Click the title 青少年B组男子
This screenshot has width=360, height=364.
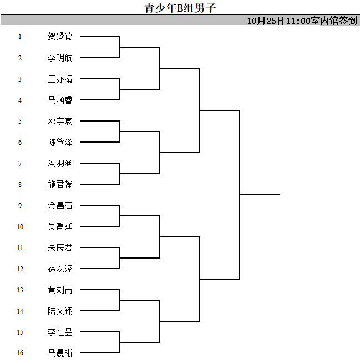[x=180, y=8]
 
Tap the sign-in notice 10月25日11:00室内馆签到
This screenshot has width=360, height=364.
[x=302, y=21]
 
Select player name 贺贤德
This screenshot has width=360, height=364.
[x=60, y=36]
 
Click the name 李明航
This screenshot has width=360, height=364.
[x=60, y=58]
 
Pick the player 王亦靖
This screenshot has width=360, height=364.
[x=60, y=79]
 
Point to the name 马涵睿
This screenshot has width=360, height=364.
[x=60, y=100]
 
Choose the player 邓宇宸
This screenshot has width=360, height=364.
[x=60, y=121]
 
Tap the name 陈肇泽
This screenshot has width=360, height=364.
[x=60, y=142]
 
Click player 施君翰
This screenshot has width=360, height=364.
[x=60, y=185]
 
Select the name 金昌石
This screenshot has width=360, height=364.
[x=60, y=206]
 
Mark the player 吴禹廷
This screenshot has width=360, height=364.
[x=60, y=226]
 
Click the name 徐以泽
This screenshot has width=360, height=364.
[x=60, y=269]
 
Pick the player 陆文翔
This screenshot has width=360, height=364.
[x=60, y=311]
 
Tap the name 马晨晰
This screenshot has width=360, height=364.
[x=60, y=353]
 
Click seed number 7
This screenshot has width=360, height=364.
[x=20, y=164]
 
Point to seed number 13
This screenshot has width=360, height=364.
[x=20, y=290]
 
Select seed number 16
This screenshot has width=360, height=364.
[x=20, y=353]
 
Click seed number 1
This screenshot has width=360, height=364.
[x=20, y=37]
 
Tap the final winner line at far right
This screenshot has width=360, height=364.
[x=260, y=195]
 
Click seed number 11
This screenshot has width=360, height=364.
[x=20, y=248]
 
